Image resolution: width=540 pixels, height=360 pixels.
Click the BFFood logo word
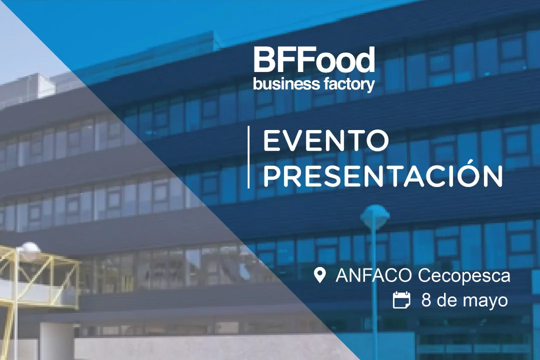(x=314, y=59)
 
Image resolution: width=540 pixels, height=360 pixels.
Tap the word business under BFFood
(x=282, y=83)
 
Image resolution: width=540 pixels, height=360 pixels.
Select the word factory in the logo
(x=344, y=84)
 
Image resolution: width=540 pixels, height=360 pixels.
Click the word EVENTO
(x=326, y=140)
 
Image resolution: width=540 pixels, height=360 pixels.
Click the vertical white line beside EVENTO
(x=248, y=157)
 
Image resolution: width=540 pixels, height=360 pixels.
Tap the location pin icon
(x=320, y=275)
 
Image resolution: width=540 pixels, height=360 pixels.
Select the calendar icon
(x=401, y=299)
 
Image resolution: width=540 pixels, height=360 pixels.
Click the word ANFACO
(x=373, y=275)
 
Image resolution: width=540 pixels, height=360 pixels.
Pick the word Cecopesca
(x=464, y=276)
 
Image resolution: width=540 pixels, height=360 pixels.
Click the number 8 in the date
(x=426, y=300)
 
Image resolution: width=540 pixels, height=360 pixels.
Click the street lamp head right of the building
(x=374, y=215)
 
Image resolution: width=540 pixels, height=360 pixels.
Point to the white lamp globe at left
(x=29, y=248)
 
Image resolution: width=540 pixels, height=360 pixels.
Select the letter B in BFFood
(x=264, y=60)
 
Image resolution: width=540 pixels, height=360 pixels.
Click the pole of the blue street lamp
(x=374, y=293)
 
